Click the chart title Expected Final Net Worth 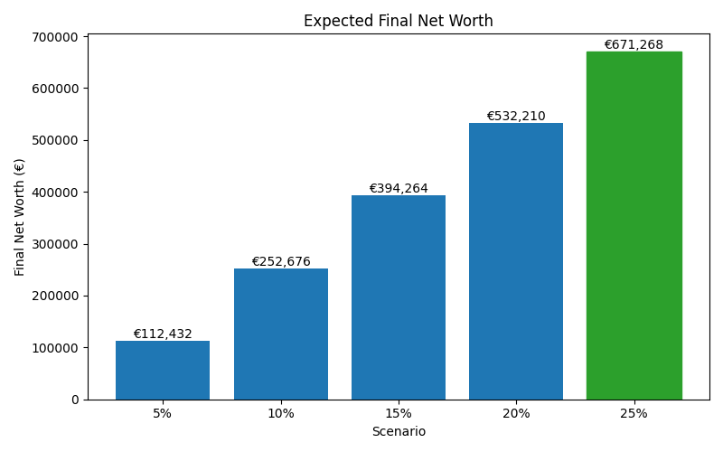point(398,21)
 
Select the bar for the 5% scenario point(163,370)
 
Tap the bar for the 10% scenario point(280,334)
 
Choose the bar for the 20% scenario point(516,261)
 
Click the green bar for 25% point(634,225)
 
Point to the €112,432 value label point(163,334)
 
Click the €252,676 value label point(280,262)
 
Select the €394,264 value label point(399,189)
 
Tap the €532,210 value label point(516,117)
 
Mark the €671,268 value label point(634,45)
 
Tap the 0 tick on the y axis point(76,400)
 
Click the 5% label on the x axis point(163,413)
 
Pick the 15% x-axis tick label point(399,413)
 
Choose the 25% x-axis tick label point(634,413)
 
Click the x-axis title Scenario point(399,432)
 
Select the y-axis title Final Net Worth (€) point(20,217)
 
